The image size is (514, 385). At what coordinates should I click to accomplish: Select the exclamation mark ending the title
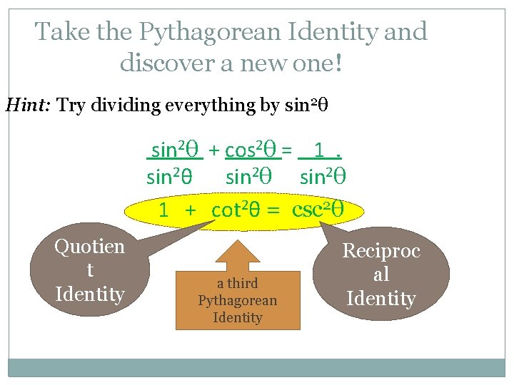coord(338,63)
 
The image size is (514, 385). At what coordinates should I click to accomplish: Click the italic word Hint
coord(28,106)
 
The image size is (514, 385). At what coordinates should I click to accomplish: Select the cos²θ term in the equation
coord(251,150)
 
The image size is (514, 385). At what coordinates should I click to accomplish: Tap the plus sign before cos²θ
coord(213,151)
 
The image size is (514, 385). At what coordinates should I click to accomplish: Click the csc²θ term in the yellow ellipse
coord(318,210)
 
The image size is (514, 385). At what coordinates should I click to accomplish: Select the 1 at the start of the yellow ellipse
coord(163,210)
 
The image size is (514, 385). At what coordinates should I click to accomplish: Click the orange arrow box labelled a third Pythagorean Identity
coord(237,296)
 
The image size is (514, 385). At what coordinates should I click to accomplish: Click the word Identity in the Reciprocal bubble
coord(381,298)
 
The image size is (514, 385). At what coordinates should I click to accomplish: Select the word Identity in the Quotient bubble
coord(89,294)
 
